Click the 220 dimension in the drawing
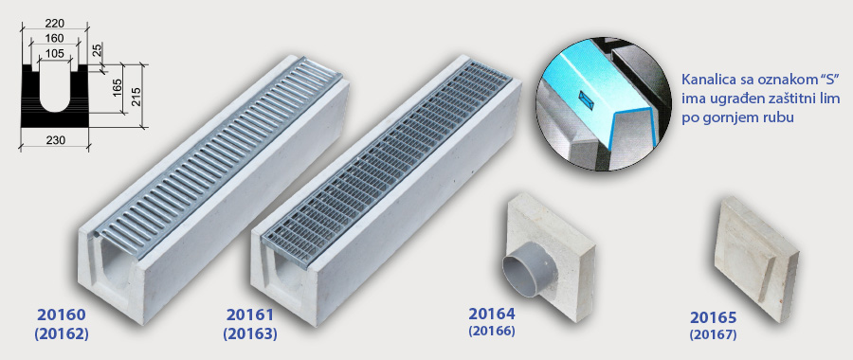tap(55, 24)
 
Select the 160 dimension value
tap(55, 38)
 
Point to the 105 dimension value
tap(55, 53)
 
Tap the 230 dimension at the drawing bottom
tap(55, 140)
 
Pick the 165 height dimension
tap(117, 90)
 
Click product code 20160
tap(61, 315)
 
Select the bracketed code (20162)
tap(61, 333)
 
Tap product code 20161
tap(249, 315)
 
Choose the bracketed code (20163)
tap(249, 333)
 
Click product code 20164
tap(491, 315)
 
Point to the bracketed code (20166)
tap(491, 331)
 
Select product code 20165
tap(713, 317)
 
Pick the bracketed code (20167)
tap(713, 334)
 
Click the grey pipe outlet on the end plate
tap(523, 271)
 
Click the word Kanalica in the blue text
tap(707, 81)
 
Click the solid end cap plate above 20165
tap(755, 259)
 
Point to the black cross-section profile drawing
tap(55, 96)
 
